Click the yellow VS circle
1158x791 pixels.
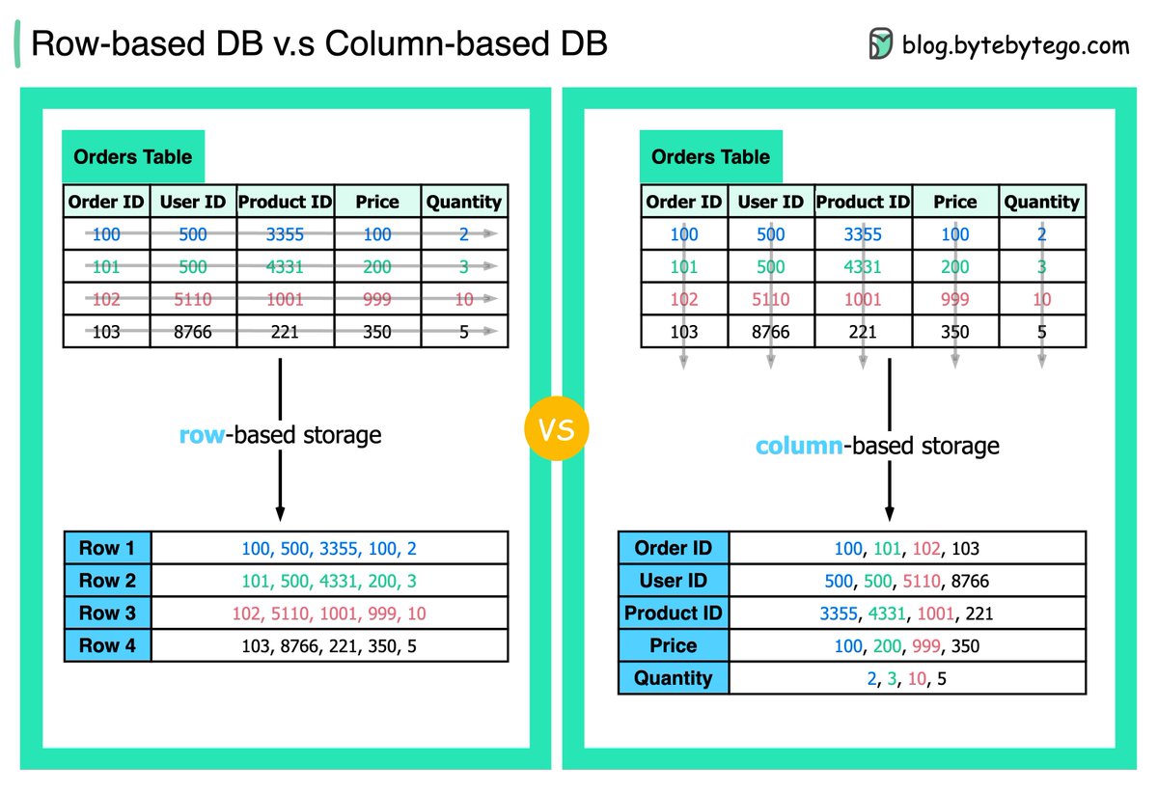pyautogui.click(x=557, y=429)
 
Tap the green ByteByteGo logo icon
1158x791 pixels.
pyautogui.click(x=880, y=44)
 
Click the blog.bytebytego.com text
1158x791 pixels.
pyautogui.click(x=1016, y=44)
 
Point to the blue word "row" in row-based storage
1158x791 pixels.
pyautogui.click(x=201, y=435)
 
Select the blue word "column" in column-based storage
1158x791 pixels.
pyautogui.click(x=798, y=446)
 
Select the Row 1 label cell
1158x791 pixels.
pyautogui.click(x=107, y=548)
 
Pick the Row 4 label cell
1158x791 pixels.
pyautogui.click(x=107, y=645)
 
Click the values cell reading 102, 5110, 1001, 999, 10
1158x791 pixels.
pyautogui.click(x=329, y=614)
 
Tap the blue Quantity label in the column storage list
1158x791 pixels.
pyautogui.click(x=673, y=678)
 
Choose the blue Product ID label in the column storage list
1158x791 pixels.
pyautogui.click(x=673, y=614)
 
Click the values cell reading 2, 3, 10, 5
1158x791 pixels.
pyautogui.click(x=907, y=678)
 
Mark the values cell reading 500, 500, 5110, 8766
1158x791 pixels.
pyautogui.click(x=907, y=581)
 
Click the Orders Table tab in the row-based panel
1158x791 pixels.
pyautogui.click(x=133, y=157)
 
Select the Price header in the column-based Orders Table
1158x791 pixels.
pyautogui.click(x=955, y=202)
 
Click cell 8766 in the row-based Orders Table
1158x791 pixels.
pyautogui.click(x=192, y=332)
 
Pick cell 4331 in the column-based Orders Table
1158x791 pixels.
pyautogui.click(x=863, y=266)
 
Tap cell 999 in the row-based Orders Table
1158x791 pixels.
pyautogui.click(x=376, y=299)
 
